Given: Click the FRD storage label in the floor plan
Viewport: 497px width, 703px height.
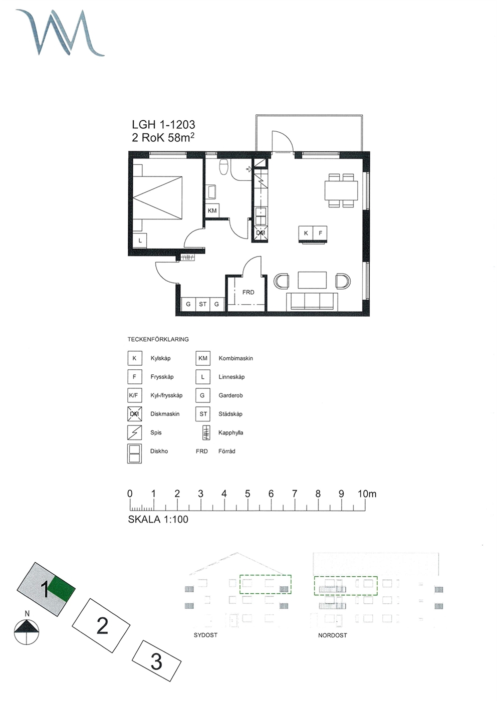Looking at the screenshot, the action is click(248, 292).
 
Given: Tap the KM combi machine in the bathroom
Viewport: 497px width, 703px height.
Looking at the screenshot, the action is click(212, 210).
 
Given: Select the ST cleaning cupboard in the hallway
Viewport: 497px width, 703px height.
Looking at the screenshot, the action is click(203, 304).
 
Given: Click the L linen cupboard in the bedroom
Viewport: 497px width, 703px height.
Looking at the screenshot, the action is click(140, 241).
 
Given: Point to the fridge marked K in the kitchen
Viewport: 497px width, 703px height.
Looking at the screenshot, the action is click(306, 233).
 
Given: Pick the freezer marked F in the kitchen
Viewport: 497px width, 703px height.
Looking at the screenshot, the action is click(320, 233).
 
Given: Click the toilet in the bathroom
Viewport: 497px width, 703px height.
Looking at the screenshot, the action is click(224, 166).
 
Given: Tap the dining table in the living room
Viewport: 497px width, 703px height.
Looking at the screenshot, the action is click(341, 190).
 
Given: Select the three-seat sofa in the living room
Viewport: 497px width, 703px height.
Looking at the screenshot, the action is click(312, 302).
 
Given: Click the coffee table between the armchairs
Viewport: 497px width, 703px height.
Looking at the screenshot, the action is click(312, 280).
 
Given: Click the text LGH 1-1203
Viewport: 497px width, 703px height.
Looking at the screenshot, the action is click(163, 125).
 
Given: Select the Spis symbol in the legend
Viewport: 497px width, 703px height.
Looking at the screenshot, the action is click(135, 432).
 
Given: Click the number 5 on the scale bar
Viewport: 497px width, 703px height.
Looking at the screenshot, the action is click(247, 494).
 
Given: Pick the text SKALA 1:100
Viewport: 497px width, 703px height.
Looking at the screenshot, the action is click(158, 520).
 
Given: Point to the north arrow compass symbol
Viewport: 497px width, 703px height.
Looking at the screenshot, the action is click(27, 632).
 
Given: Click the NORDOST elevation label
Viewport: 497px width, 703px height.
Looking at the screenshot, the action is click(332, 635).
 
